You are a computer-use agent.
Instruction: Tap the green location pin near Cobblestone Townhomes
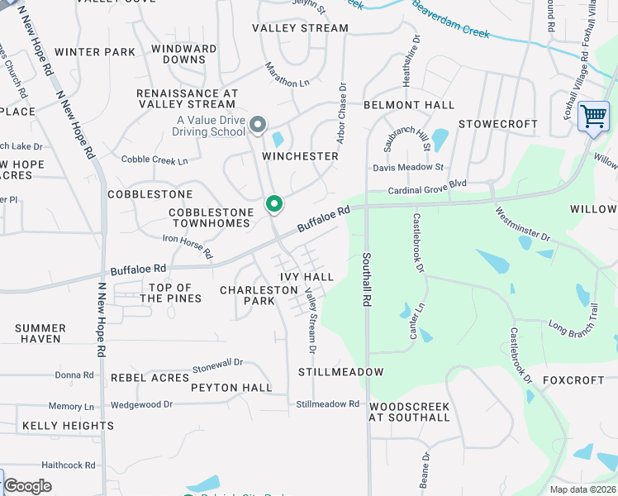tap(273, 203)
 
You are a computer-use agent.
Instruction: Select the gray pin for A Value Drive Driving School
tap(258, 125)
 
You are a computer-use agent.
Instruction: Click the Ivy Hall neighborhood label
tap(307, 277)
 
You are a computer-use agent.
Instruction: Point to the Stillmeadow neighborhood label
tap(340, 372)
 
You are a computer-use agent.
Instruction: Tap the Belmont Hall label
tap(409, 105)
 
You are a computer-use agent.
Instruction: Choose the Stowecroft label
tap(498, 124)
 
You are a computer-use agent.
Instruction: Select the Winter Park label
tap(95, 52)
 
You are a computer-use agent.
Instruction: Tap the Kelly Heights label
tap(68, 426)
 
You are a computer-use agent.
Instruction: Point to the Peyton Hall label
tap(231, 388)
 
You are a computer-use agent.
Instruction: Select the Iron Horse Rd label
tap(188, 246)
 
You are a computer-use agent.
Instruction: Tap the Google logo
tap(28, 486)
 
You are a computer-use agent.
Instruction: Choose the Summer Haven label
tap(40, 333)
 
